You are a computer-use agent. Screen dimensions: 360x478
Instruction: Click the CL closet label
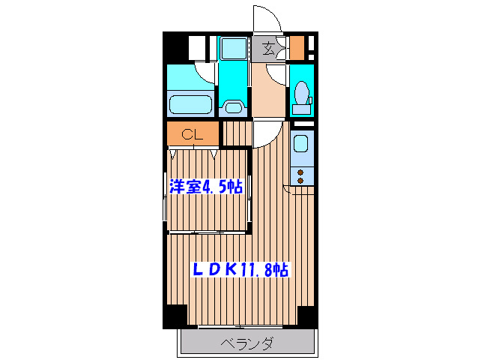[x=193, y=135]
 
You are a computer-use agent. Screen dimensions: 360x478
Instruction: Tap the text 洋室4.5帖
[x=205, y=186]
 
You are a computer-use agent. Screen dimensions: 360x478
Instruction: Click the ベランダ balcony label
[x=246, y=344]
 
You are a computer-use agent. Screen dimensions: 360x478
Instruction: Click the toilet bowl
[x=302, y=94]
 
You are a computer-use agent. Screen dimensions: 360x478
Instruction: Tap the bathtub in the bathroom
[x=190, y=103]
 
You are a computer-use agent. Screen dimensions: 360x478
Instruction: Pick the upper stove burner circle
[x=301, y=172]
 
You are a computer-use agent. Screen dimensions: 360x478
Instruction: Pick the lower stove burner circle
[x=301, y=181]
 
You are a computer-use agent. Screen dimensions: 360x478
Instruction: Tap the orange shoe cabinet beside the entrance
[x=297, y=47]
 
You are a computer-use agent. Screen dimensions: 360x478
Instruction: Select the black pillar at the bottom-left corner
[x=175, y=316]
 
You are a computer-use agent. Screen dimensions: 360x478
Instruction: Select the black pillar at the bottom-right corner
[x=307, y=316]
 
